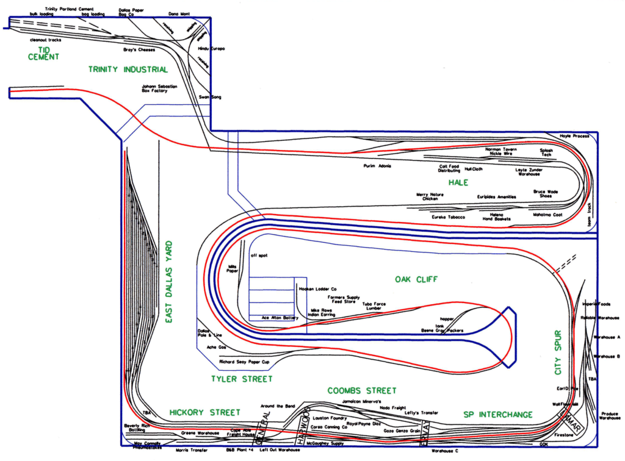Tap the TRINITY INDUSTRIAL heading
tap(128, 70)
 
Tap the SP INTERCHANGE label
tap(497, 415)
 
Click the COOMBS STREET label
tap(361, 390)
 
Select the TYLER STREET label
tap(241, 379)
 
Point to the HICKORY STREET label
tap(204, 413)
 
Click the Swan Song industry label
tap(210, 98)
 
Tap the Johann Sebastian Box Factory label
tap(159, 88)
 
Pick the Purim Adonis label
tap(377, 166)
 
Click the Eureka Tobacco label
tap(448, 217)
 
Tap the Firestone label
tap(563, 435)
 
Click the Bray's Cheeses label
tap(139, 49)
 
